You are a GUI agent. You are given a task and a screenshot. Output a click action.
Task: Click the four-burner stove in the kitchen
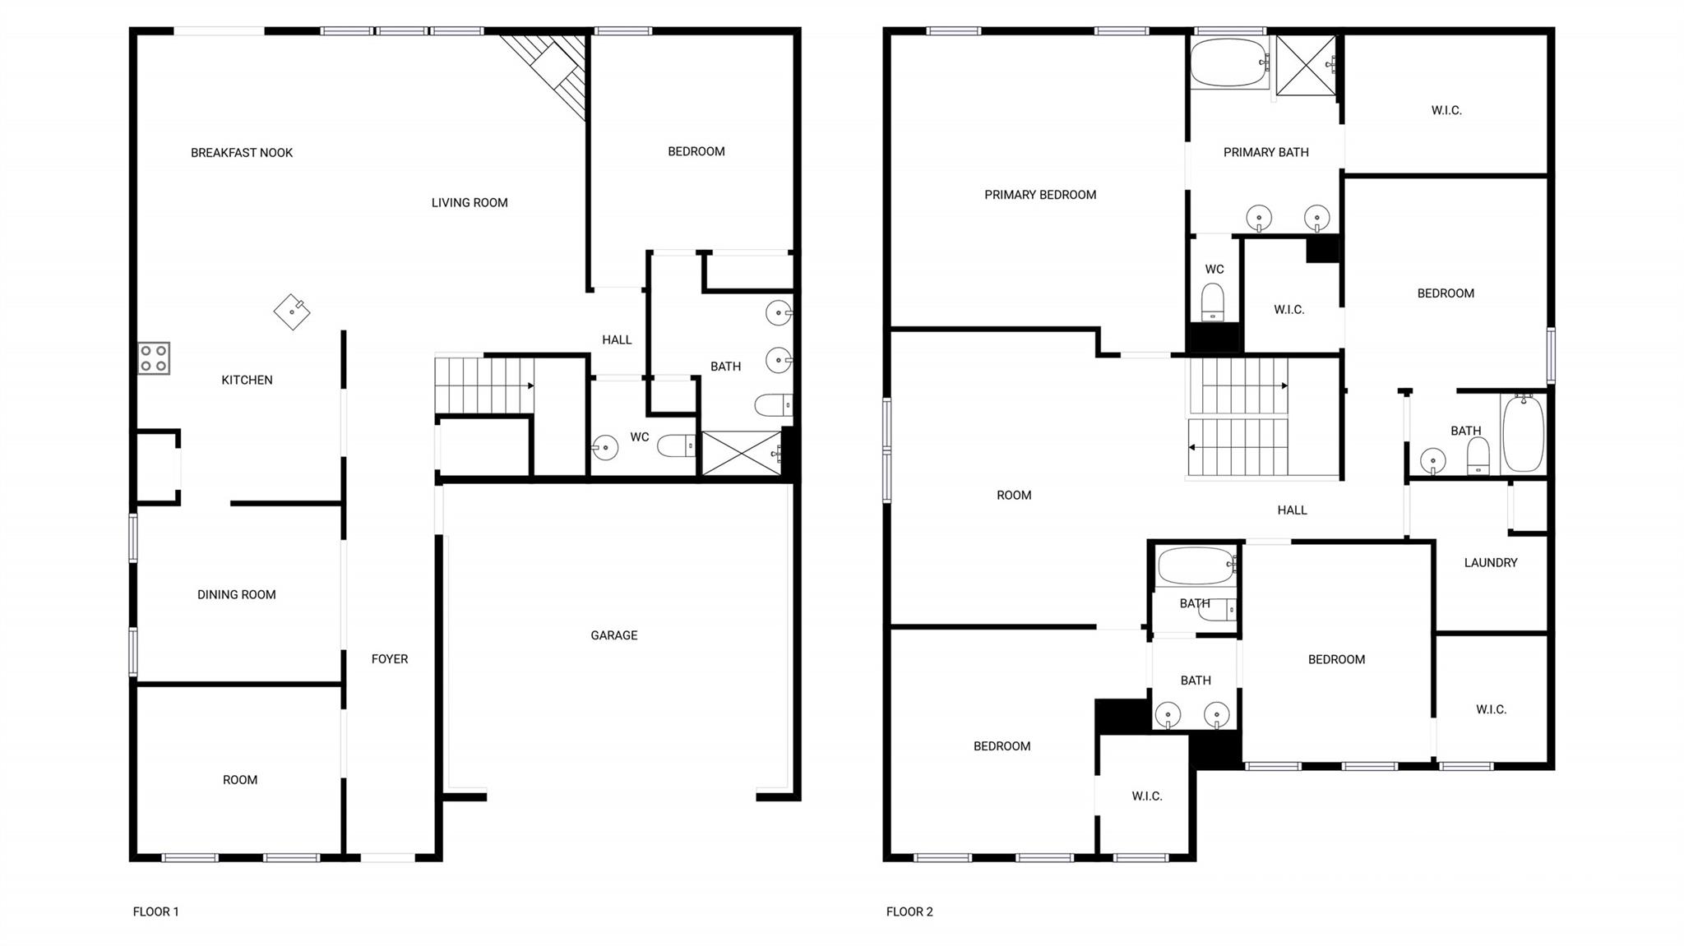154,358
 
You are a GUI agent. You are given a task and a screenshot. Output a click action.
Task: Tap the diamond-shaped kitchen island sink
292,311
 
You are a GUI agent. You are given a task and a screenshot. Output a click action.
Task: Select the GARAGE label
613,635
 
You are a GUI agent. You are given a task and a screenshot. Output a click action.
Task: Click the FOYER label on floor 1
389,659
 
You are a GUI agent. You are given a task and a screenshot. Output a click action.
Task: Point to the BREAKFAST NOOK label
242,153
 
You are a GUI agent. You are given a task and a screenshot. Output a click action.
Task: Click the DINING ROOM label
236,595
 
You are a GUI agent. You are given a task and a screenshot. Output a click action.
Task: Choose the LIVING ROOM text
470,203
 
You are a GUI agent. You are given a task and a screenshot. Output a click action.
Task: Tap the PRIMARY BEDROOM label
1040,195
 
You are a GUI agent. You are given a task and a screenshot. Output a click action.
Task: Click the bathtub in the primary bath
1228,62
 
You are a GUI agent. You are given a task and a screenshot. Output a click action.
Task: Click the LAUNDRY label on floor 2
1490,563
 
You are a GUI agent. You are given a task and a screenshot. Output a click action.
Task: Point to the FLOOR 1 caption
155,911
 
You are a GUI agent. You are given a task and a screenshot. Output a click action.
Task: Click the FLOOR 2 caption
909,911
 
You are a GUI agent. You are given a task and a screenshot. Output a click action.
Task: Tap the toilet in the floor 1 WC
677,445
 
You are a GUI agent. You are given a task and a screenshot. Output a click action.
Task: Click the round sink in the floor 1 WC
605,448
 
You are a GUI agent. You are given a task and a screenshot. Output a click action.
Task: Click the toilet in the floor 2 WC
1213,302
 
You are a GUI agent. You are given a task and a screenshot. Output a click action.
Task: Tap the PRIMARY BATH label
1265,152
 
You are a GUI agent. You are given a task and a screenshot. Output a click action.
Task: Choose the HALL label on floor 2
1292,510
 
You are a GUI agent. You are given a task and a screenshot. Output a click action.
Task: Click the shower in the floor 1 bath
740,453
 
